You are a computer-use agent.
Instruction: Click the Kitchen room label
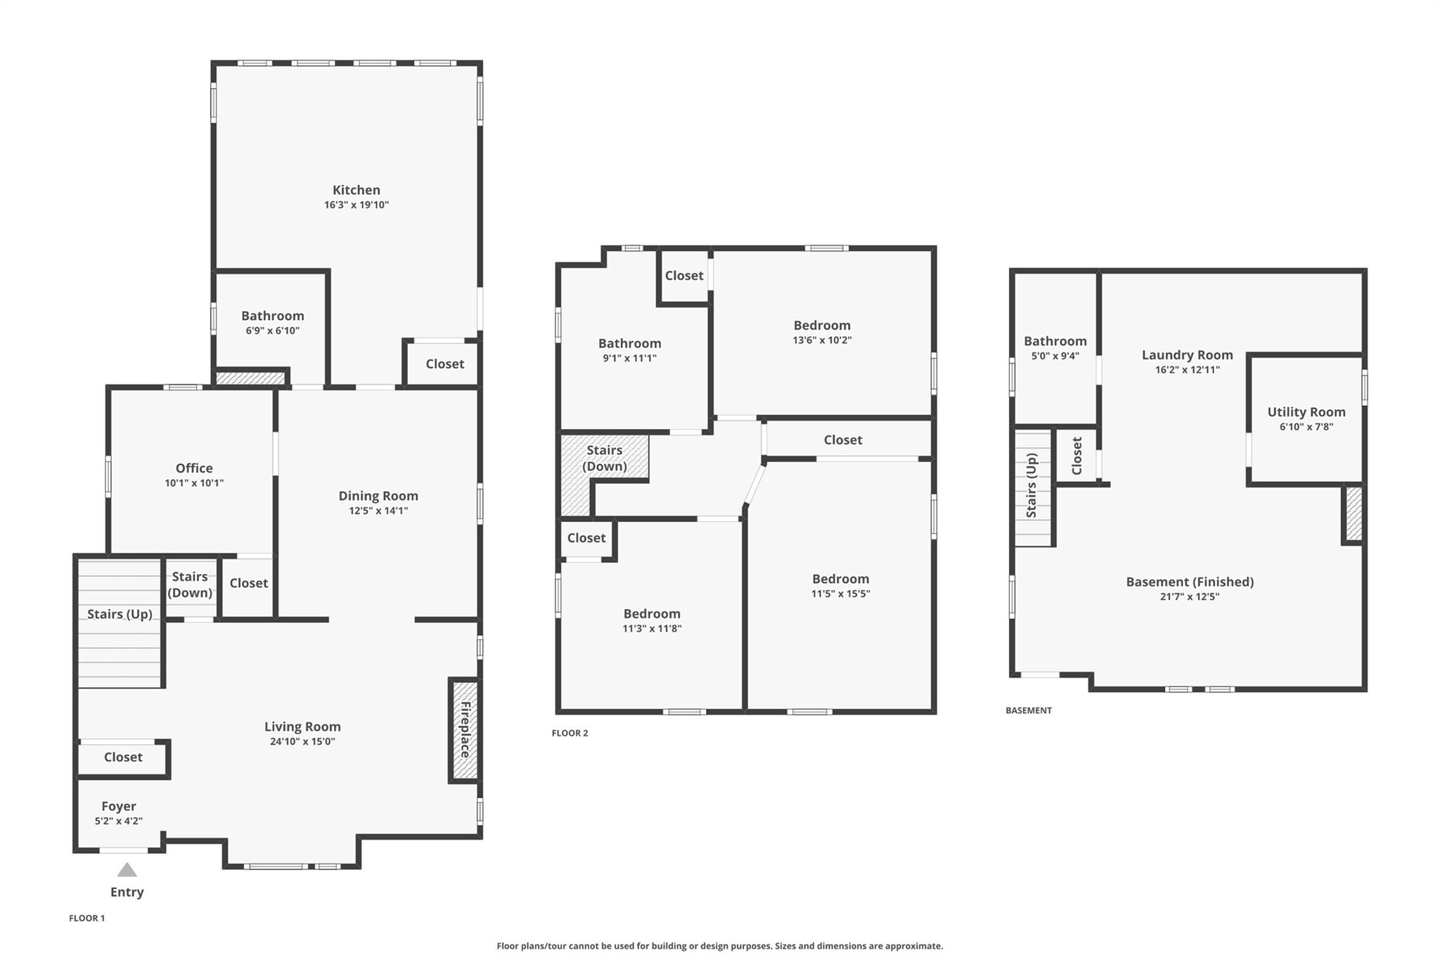tap(356, 190)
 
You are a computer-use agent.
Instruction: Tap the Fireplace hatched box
tap(464, 729)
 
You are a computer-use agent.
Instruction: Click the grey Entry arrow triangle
tap(127, 871)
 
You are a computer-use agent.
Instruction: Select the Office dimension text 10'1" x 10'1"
tap(194, 483)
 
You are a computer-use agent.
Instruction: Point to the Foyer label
tap(119, 806)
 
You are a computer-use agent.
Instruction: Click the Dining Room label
tap(378, 496)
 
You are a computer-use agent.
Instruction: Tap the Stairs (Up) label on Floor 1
tap(120, 614)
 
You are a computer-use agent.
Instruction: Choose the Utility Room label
tap(1306, 412)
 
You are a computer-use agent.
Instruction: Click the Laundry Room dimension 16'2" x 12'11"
tap(1187, 370)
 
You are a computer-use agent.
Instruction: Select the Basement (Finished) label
tap(1190, 582)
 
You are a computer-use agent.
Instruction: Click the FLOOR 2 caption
tap(570, 733)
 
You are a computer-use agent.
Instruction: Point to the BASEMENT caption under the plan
tap(1029, 710)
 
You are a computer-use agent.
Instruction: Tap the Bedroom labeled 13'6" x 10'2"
tap(822, 326)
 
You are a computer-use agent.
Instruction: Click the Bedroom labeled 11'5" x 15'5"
tap(840, 579)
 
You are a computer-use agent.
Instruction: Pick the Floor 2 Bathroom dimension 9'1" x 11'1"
tap(630, 358)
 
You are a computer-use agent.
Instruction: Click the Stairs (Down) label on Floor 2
tap(604, 458)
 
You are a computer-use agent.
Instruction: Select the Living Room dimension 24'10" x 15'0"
tap(302, 741)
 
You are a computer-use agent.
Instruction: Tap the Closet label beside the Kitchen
tap(444, 364)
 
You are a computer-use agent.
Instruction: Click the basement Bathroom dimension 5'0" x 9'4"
tap(1055, 356)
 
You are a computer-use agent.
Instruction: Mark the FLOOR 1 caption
tap(86, 918)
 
